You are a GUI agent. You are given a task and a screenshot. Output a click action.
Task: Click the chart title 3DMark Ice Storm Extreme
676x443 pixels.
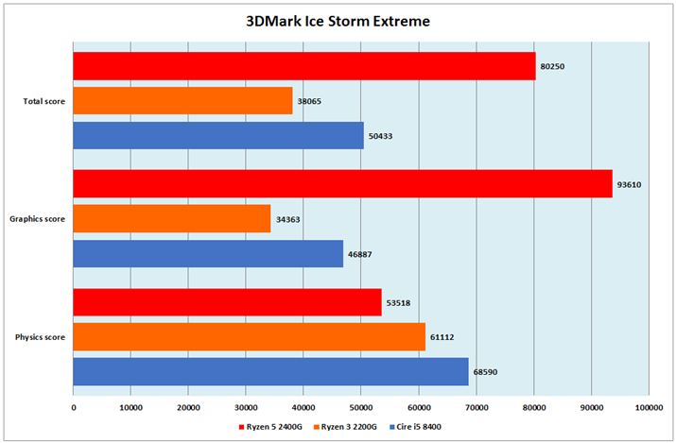coord(338,21)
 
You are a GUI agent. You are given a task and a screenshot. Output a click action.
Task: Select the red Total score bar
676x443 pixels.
coord(304,66)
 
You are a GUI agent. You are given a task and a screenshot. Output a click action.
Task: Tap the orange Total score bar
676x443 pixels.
coord(182,101)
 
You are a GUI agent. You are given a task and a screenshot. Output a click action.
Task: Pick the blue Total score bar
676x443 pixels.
coord(218,135)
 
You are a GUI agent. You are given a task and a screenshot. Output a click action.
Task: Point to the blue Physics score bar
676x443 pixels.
coord(270,371)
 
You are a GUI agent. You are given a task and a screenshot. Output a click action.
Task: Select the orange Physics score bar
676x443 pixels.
coord(250,336)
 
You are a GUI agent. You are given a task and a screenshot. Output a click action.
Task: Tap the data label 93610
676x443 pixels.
coord(629,184)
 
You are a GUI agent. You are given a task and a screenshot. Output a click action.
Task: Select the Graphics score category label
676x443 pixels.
coord(38,219)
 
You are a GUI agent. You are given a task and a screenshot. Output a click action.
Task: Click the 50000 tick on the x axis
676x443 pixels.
coord(361,406)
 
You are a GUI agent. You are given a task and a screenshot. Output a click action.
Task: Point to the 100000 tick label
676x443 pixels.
coord(649,406)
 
